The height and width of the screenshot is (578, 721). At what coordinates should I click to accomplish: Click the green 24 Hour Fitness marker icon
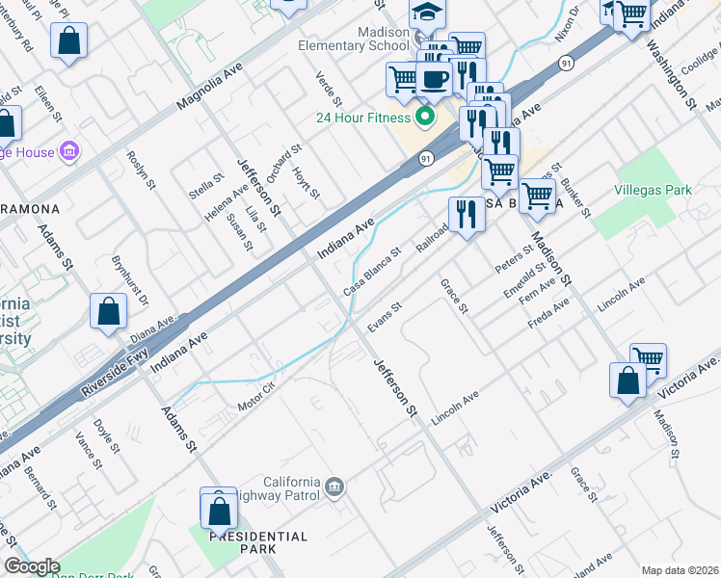tap(423, 118)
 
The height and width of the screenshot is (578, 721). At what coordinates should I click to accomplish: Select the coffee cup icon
tap(434, 80)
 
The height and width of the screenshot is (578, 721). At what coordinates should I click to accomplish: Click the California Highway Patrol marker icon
tap(334, 485)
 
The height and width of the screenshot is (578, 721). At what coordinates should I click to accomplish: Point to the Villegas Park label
tap(654, 190)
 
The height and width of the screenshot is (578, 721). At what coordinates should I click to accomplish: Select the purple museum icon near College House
tap(67, 151)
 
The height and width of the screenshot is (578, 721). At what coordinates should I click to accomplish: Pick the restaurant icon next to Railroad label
tap(467, 215)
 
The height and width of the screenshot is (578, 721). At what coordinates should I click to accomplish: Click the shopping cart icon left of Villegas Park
tap(537, 196)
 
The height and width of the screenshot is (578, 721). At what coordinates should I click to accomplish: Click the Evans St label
tap(383, 314)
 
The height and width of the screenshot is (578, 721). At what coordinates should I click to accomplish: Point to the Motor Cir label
tap(256, 397)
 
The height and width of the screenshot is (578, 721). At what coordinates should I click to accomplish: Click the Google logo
tap(32, 566)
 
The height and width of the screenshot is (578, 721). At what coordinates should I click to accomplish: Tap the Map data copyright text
tap(681, 570)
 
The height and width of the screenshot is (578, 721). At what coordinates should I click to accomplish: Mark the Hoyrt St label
tap(306, 180)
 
